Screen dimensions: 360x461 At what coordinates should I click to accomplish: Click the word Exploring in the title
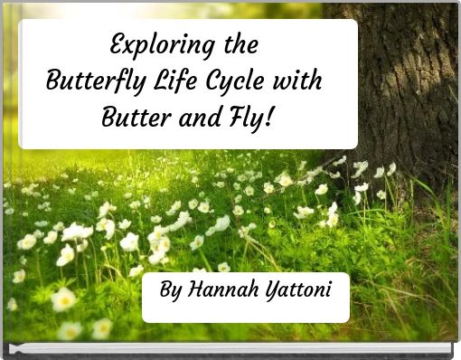tap(160, 45)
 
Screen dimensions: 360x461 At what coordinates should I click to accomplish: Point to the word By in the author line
tap(169, 291)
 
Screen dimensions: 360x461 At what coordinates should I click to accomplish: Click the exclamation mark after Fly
tap(270, 116)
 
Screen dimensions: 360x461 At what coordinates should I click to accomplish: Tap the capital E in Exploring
tap(117, 44)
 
